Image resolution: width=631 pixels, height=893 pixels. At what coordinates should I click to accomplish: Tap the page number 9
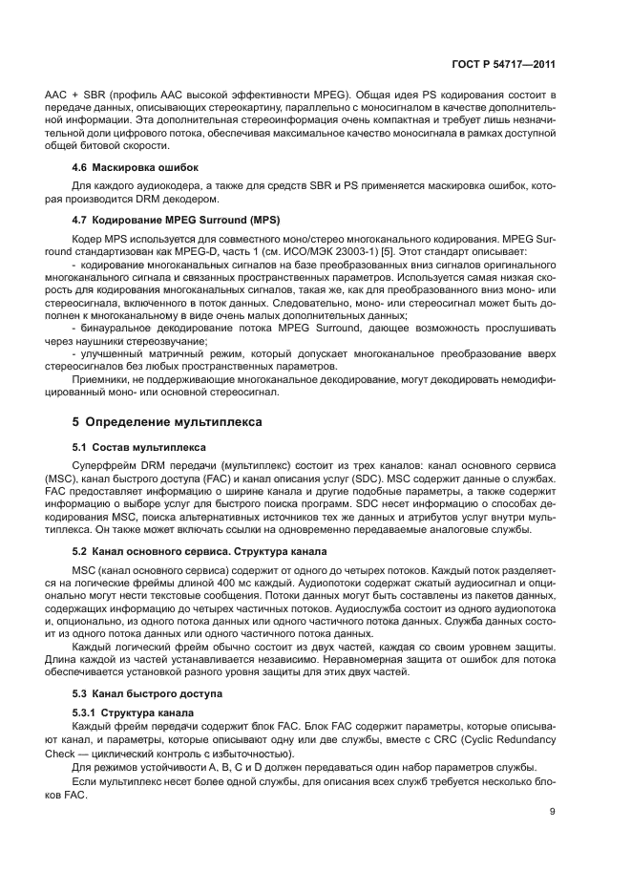tap(553, 813)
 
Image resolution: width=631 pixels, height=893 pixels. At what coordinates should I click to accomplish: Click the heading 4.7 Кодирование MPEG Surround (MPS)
tap(176, 220)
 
